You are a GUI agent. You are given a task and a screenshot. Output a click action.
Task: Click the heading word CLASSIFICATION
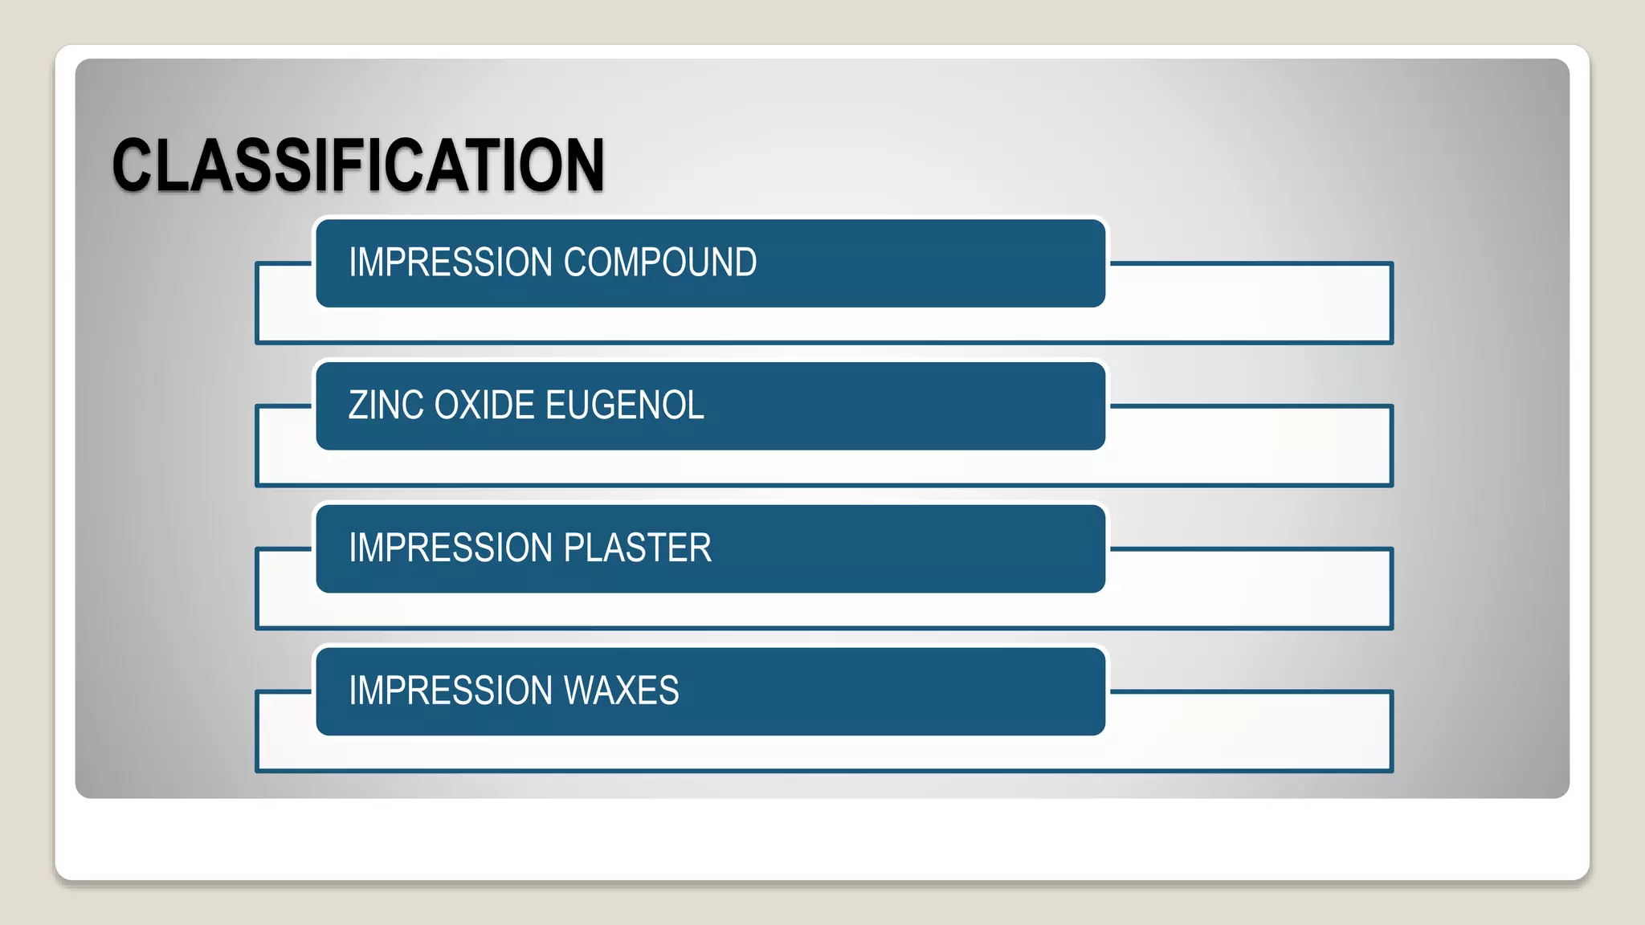(358, 165)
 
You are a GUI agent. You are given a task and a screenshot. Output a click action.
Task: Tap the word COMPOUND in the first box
(660, 263)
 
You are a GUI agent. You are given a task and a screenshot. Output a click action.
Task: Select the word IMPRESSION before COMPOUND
(451, 263)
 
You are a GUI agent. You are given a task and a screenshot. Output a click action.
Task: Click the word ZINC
(386, 405)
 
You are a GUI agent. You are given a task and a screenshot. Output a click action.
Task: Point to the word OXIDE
(484, 405)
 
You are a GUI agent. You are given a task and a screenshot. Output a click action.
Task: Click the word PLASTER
(638, 548)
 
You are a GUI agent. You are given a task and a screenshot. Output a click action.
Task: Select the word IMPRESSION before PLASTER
(451, 548)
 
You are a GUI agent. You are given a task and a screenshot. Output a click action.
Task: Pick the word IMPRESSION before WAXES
(451, 691)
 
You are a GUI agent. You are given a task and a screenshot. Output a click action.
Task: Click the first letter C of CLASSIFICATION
(133, 165)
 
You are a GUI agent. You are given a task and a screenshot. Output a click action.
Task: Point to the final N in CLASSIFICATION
(584, 165)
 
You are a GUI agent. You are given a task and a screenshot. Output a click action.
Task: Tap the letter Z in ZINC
(358, 405)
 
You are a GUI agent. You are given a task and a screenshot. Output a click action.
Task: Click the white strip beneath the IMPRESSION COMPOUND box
(824, 324)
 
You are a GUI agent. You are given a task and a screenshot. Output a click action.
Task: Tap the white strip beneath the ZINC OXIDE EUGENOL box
(824, 467)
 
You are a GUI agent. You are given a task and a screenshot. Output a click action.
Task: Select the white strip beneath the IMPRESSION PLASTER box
(824, 610)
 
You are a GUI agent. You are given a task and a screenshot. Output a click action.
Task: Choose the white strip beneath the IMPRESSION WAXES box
(824, 753)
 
